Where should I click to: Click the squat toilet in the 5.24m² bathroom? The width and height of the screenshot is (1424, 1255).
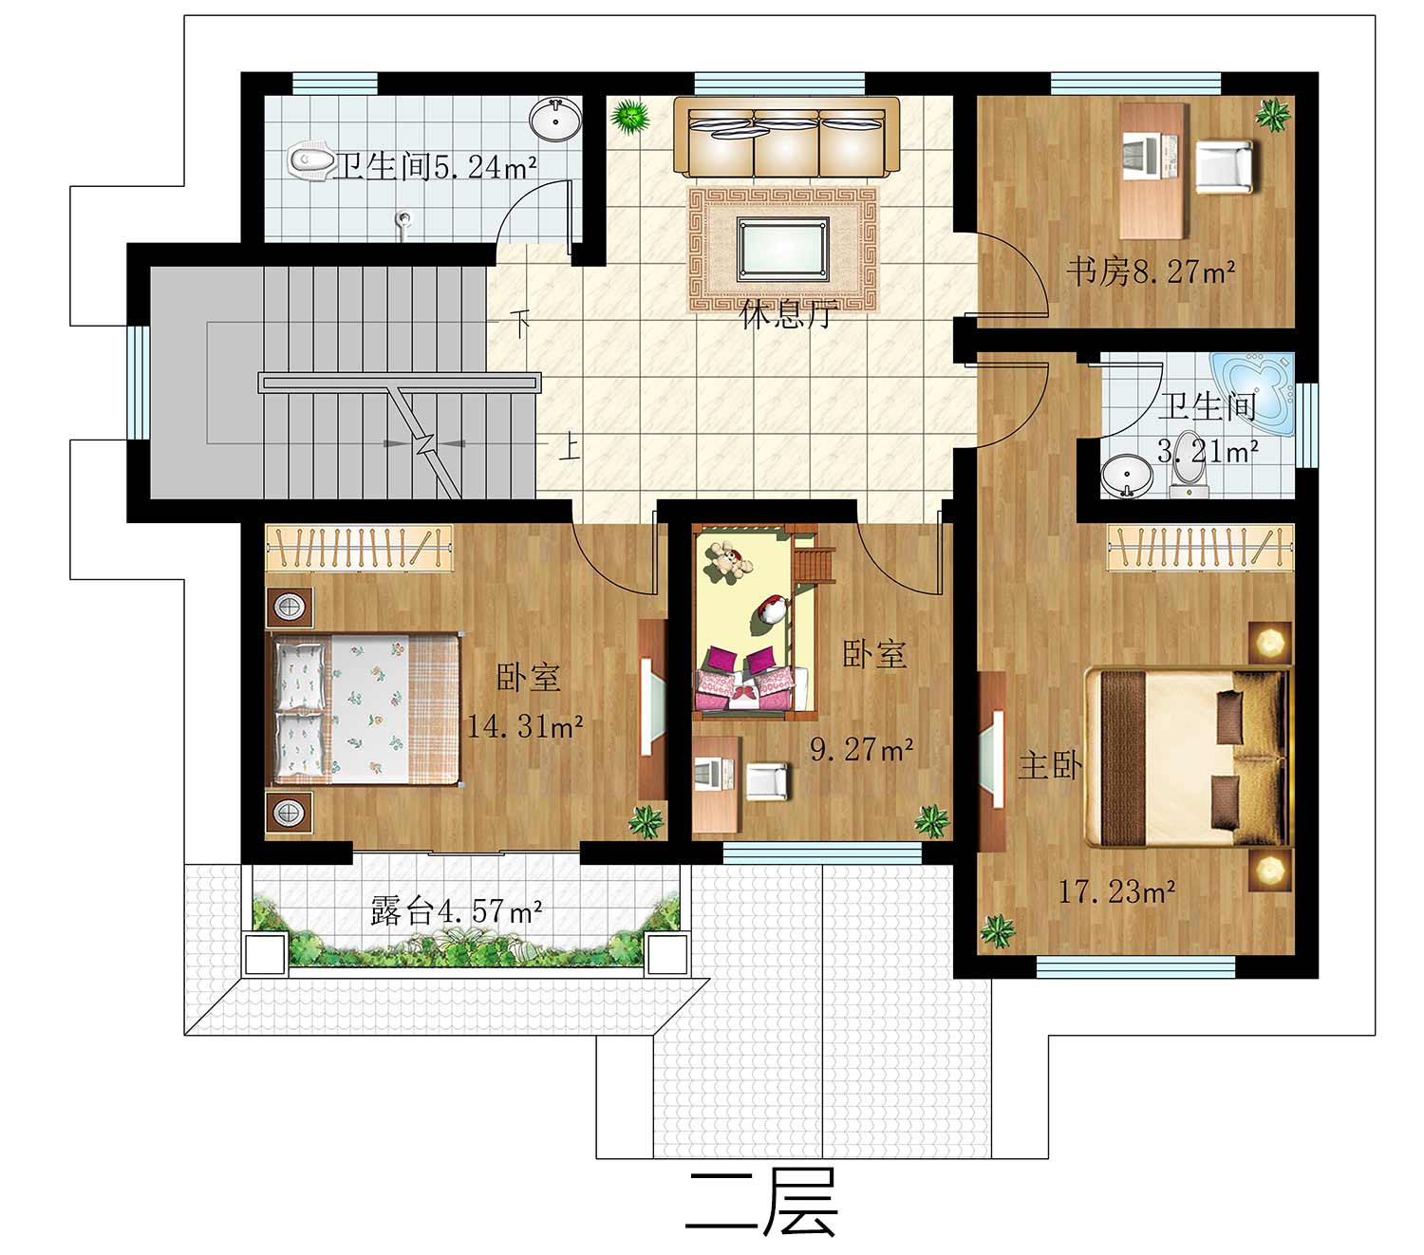click(x=310, y=161)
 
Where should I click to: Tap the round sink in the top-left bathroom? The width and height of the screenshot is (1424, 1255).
click(x=555, y=120)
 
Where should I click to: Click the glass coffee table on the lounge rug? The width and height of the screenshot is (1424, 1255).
click(x=782, y=249)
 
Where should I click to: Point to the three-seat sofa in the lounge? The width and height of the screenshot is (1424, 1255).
click(x=786, y=137)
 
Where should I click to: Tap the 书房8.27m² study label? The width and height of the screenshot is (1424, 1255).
click(x=1151, y=272)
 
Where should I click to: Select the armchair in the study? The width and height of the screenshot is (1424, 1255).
click(x=1224, y=167)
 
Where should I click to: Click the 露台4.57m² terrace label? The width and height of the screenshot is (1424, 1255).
click(x=456, y=911)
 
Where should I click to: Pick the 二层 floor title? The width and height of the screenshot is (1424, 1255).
click(x=761, y=1202)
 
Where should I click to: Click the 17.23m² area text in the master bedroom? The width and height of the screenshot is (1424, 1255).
click(x=1116, y=892)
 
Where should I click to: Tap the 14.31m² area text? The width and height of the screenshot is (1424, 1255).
click(x=525, y=726)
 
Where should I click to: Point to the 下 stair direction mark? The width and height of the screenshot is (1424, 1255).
click(x=520, y=323)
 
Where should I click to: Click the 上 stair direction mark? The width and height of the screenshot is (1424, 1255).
click(x=570, y=446)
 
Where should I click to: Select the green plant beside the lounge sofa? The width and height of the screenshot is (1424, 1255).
click(x=629, y=116)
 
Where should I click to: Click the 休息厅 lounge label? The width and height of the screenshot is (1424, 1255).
click(x=788, y=314)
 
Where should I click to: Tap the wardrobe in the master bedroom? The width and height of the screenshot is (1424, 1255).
click(x=1201, y=547)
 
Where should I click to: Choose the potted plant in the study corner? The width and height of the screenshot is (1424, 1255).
click(x=1273, y=115)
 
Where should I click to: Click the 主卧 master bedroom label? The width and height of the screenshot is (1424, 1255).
click(x=1050, y=765)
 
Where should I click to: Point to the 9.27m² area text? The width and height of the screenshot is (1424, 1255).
click(x=862, y=749)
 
